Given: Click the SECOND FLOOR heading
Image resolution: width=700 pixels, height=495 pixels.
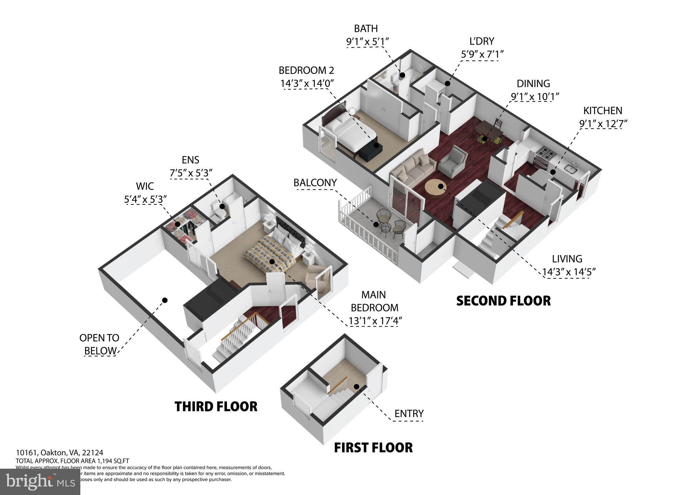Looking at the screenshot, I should pyautogui.click(x=503, y=301).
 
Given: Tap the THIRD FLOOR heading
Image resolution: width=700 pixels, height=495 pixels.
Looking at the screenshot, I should pyautogui.click(x=216, y=406).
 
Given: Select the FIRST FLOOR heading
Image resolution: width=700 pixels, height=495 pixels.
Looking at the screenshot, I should pyautogui.click(x=373, y=447).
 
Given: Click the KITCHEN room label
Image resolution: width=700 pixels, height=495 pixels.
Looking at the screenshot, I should pyautogui.click(x=602, y=111).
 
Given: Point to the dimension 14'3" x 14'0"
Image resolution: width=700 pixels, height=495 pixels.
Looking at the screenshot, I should pyautogui.click(x=307, y=83).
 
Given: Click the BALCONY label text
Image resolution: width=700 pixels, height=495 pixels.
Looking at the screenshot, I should pyautogui.click(x=315, y=183).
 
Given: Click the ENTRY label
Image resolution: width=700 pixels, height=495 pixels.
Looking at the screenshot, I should pyautogui.click(x=409, y=414).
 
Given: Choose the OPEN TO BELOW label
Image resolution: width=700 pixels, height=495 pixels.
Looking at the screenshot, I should pyautogui.click(x=99, y=344).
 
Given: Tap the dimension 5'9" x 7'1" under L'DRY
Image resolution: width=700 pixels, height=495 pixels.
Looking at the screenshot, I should pyautogui.click(x=482, y=54).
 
